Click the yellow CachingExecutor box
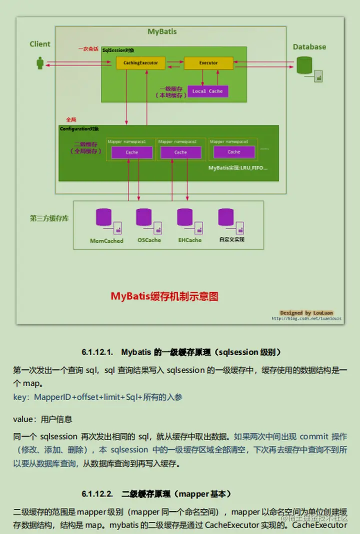[x=140, y=63]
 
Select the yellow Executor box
[x=208, y=63]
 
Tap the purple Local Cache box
[x=207, y=91]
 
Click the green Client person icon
[x=40, y=63]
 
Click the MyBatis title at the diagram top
[x=162, y=31]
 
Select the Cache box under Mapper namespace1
[x=131, y=152]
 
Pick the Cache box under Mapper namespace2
[x=180, y=152]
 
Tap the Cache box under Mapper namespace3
[x=233, y=152]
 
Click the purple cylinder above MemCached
[x=103, y=218]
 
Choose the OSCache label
[x=149, y=240]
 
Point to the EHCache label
[x=189, y=240]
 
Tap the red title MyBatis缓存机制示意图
[x=164, y=296]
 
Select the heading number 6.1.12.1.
[x=98, y=352]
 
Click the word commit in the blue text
[x=313, y=436]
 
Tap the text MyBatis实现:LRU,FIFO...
[x=238, y=168]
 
